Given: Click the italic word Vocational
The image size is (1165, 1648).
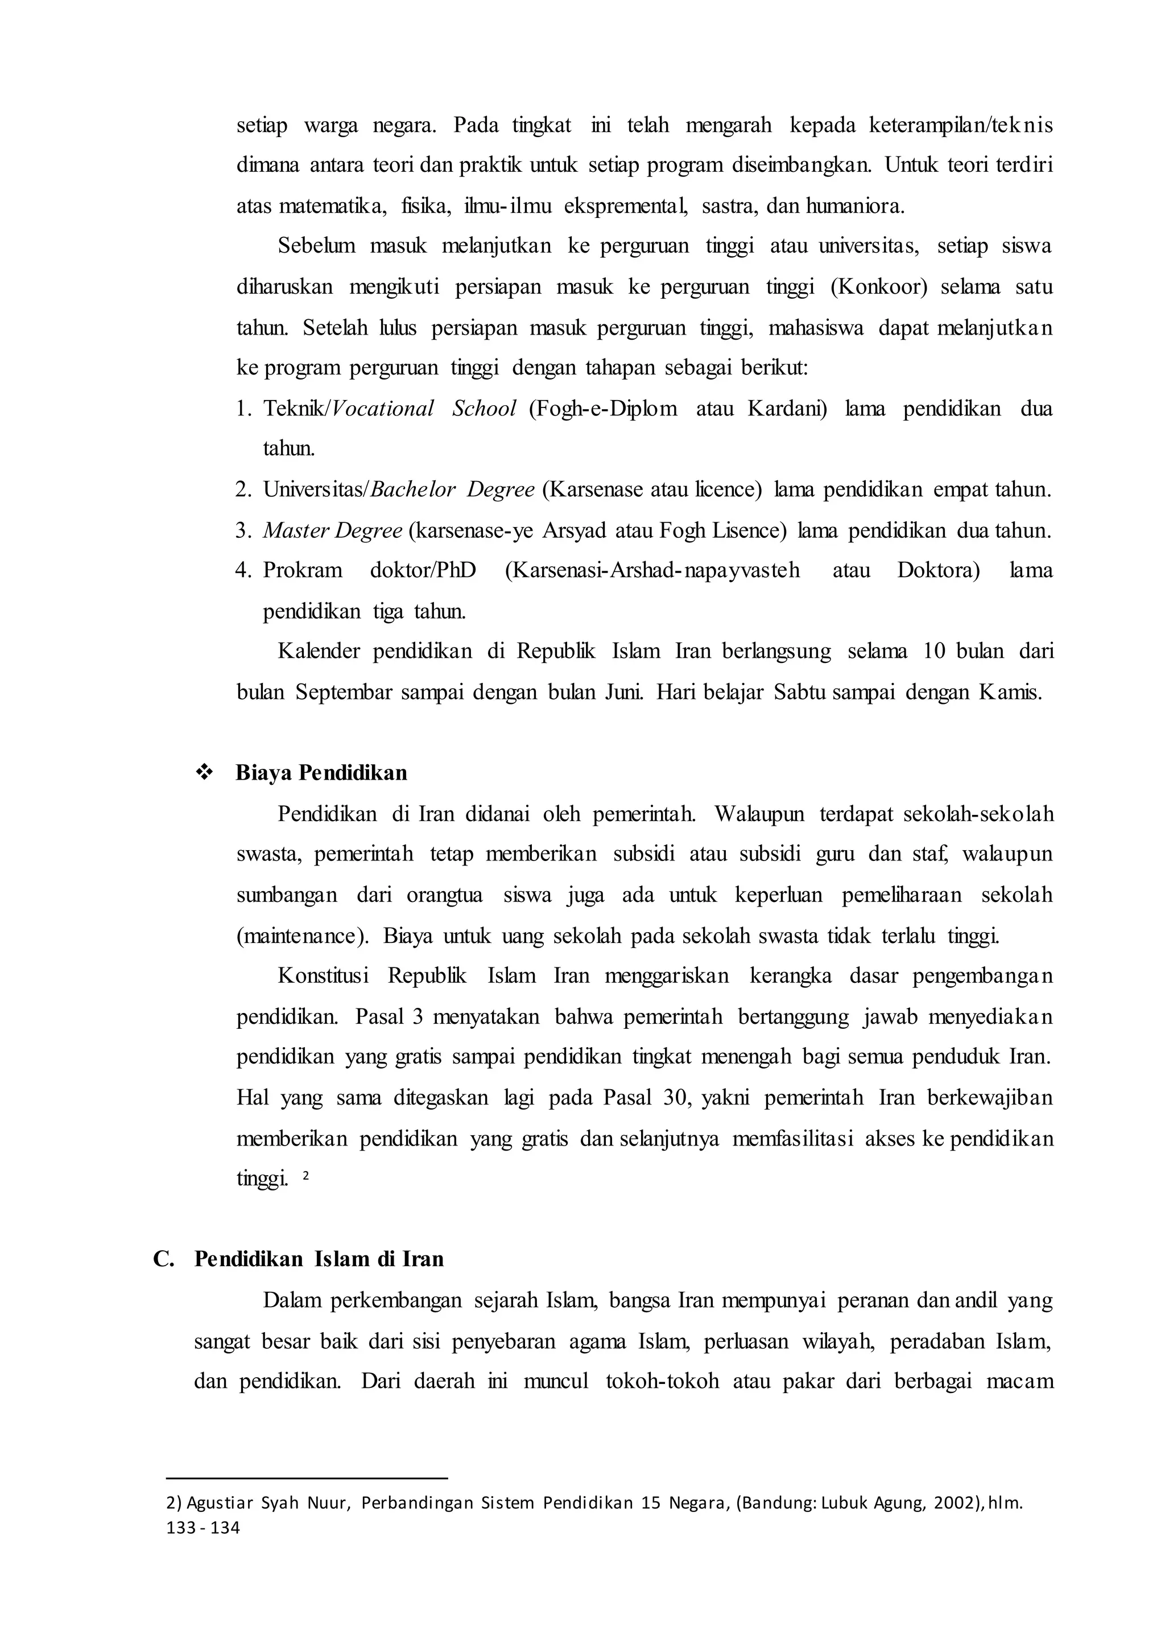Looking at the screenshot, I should [x=383, y=409].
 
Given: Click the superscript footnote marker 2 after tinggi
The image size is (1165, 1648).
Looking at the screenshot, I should [x=305, y=1176].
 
